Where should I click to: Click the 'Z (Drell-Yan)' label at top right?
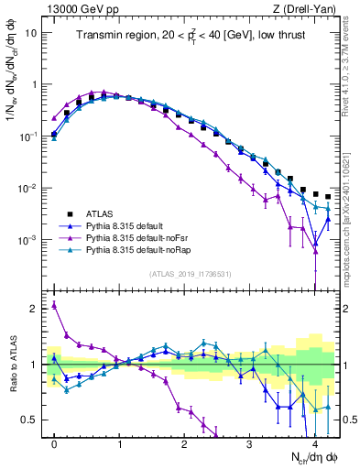tap(306, 8)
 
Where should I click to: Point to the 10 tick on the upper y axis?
tap(31, 32)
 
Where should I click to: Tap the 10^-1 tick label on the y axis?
tap(27, 136)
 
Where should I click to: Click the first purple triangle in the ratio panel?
tap(54, 305)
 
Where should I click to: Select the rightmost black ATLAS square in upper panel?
tap(328, 196)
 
